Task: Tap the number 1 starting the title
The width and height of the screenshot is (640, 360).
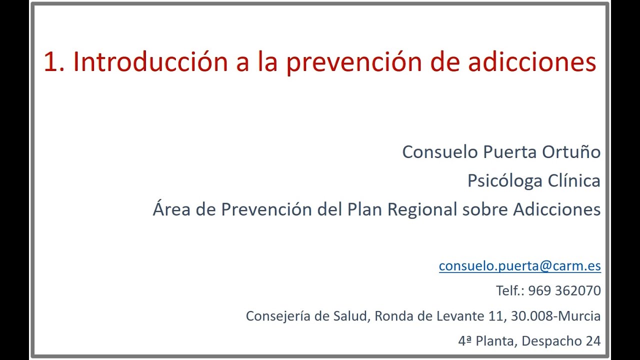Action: click(50, 62)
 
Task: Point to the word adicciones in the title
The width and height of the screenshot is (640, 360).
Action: click(532, 62)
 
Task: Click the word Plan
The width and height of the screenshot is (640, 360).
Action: click(365, 209)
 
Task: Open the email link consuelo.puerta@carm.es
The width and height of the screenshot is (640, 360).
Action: click(519, 266)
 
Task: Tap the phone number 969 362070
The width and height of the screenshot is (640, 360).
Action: click(564, 290)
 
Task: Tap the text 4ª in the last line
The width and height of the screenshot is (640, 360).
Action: click(465, 341)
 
